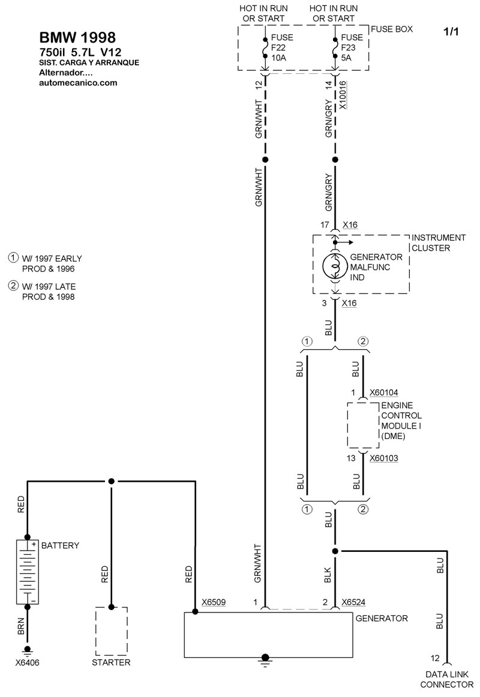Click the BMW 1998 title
tap(78, 37)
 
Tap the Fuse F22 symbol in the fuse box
tap(265, 48)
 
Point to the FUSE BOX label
tap(392, 29)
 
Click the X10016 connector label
tap(343, 95)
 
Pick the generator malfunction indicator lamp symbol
tap(335, 266)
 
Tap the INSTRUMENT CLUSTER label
tap(438, 243)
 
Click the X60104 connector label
tap(384, 393)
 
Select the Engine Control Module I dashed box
tap(363, 425)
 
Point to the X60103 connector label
tap(384, 458)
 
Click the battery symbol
tap(28, 572)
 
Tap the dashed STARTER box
tap(112, 631)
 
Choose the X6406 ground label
tap(28, 663)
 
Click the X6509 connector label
tap(214, 602)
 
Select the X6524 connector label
tap(353, 602)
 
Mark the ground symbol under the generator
tap(265, 660)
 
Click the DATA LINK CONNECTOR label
tap(446, 679)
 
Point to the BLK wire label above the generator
tap(328, 575)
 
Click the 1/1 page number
tap(451, 32)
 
